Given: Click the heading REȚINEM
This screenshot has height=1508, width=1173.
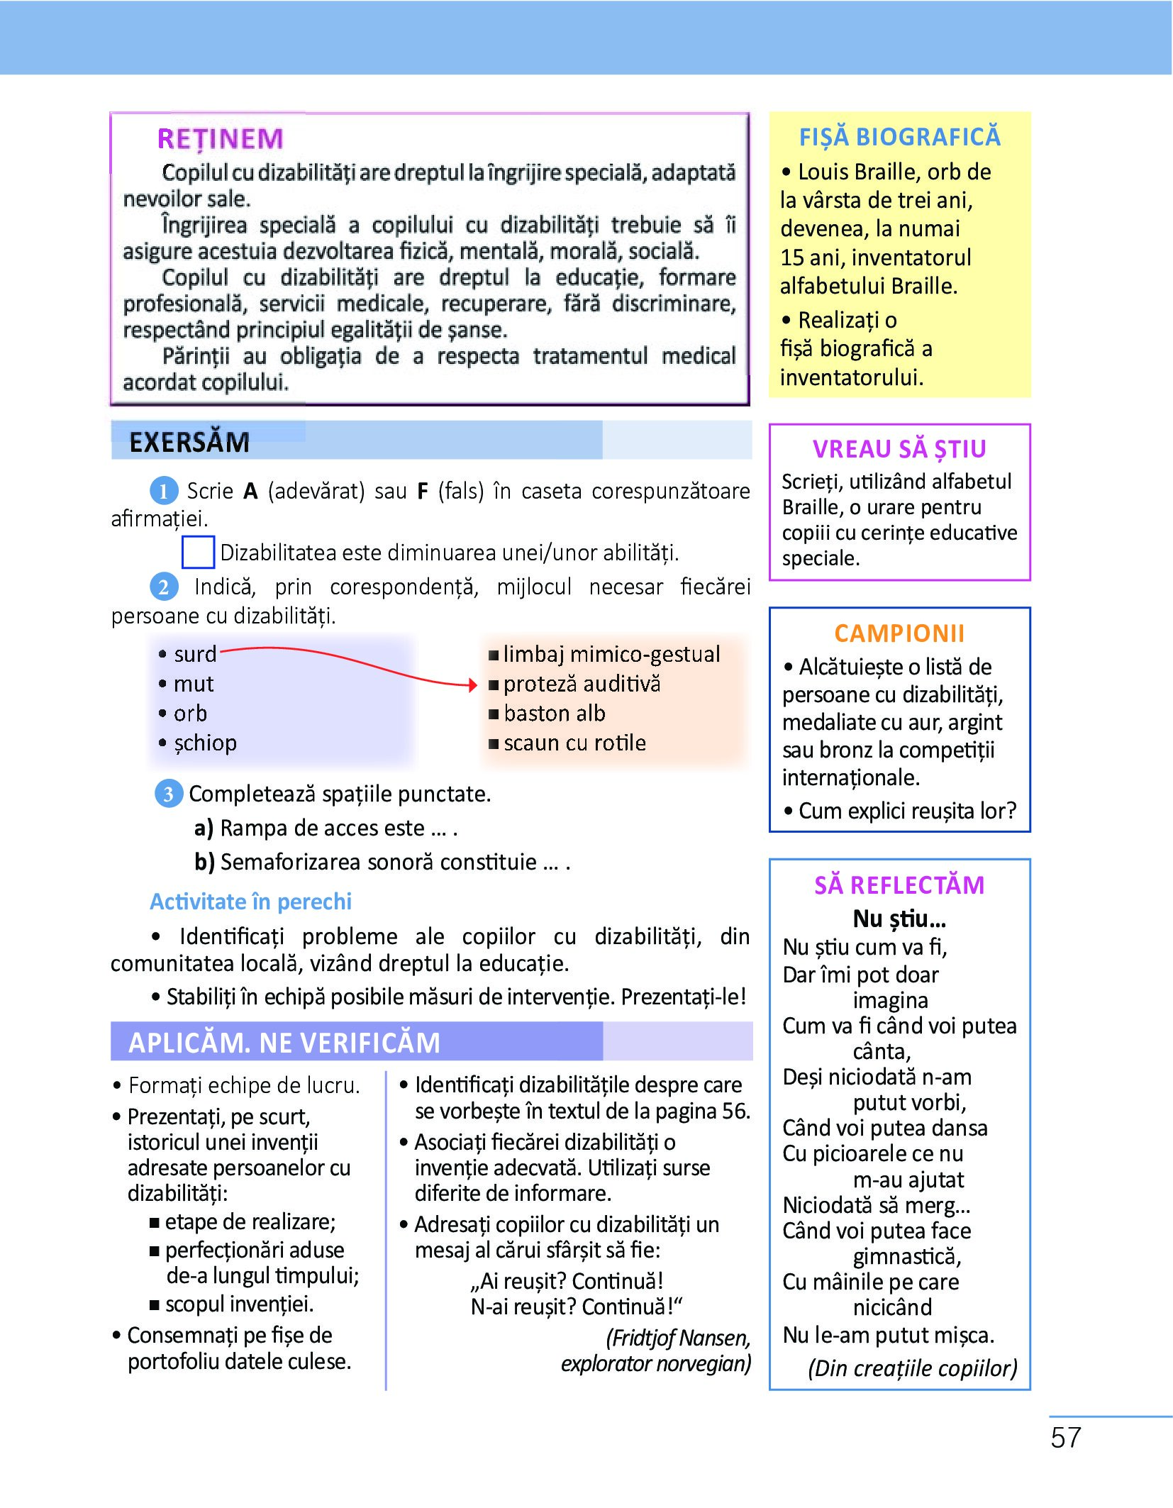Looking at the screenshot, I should [220, 139].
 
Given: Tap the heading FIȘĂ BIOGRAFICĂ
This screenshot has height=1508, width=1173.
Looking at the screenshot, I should [899, 137].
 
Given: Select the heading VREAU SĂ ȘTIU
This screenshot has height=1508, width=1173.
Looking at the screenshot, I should [899, 449].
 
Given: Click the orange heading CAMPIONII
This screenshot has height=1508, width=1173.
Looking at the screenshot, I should [899, 633].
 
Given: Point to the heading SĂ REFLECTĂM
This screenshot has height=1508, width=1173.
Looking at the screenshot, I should [899, 885].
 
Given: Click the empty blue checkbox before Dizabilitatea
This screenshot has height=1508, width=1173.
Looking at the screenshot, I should [198, 553].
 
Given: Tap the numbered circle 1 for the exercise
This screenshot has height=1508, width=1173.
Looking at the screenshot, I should [163, 491].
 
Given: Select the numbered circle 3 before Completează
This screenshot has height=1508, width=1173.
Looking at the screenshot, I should [168, 794].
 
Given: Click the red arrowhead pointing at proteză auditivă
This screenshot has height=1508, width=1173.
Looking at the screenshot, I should [473, 684].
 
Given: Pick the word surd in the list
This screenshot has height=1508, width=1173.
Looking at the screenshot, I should [195, 654].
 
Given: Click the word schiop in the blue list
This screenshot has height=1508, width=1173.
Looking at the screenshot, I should [205, 743].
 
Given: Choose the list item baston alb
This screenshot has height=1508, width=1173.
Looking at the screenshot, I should [554, 714].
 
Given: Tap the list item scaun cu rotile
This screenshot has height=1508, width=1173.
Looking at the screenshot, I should [574, 743].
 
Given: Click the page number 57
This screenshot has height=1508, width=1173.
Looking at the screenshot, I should [1065, 1438].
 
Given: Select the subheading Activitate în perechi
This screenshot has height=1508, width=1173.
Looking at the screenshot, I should [251, 902].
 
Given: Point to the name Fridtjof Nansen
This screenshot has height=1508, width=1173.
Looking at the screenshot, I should [679, 1338].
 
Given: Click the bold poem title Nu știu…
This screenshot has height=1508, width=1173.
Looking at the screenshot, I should [899, 919].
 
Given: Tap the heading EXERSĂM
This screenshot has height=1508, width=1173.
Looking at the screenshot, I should [189, 443].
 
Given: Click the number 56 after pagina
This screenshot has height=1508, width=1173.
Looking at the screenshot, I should [735, 1111].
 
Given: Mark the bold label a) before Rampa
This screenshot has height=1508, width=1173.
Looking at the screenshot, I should [204, 828].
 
